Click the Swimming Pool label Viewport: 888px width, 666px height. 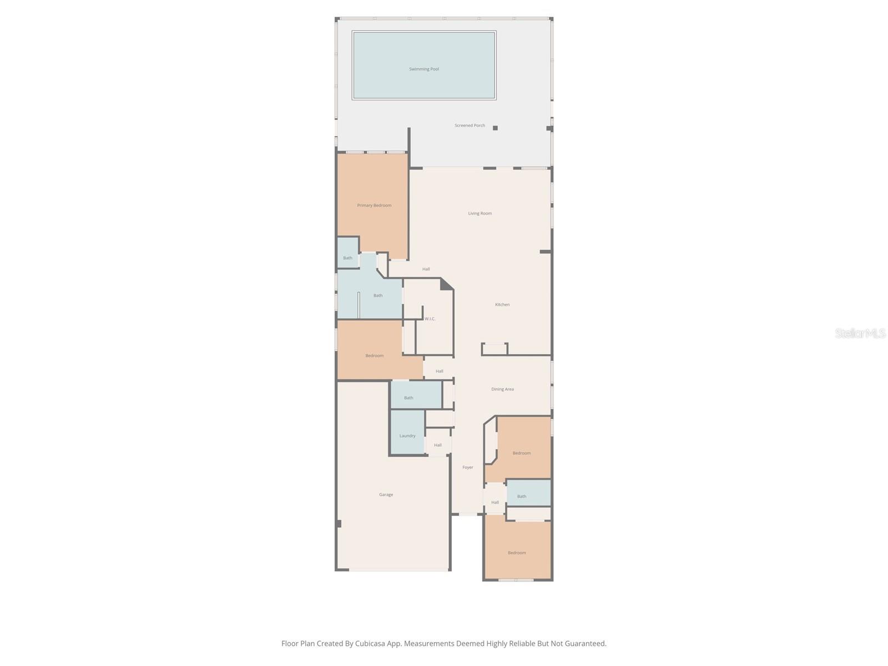(424, 69)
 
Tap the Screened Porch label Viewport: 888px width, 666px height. (470, 125)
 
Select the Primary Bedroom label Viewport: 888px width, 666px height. (374, 205)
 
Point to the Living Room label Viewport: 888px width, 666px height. (480, 213)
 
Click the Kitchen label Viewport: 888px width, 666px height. (502, 305)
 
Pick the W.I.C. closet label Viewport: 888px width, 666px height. (430, 319)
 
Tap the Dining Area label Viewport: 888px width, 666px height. (502, 389)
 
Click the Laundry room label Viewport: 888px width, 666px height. (407, 436)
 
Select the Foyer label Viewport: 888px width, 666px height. (468, 467)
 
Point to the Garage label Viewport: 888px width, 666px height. (386, 495)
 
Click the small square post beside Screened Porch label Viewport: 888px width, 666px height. (495, 128)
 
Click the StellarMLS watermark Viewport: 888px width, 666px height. (860, 334)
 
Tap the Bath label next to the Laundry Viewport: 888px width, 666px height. (408, 398)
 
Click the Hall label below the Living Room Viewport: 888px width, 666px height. (426, 269)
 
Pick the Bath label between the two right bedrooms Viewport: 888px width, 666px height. (522, 497)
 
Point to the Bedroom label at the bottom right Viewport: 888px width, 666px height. (517, 553)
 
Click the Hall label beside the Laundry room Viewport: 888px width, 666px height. (438, 445)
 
